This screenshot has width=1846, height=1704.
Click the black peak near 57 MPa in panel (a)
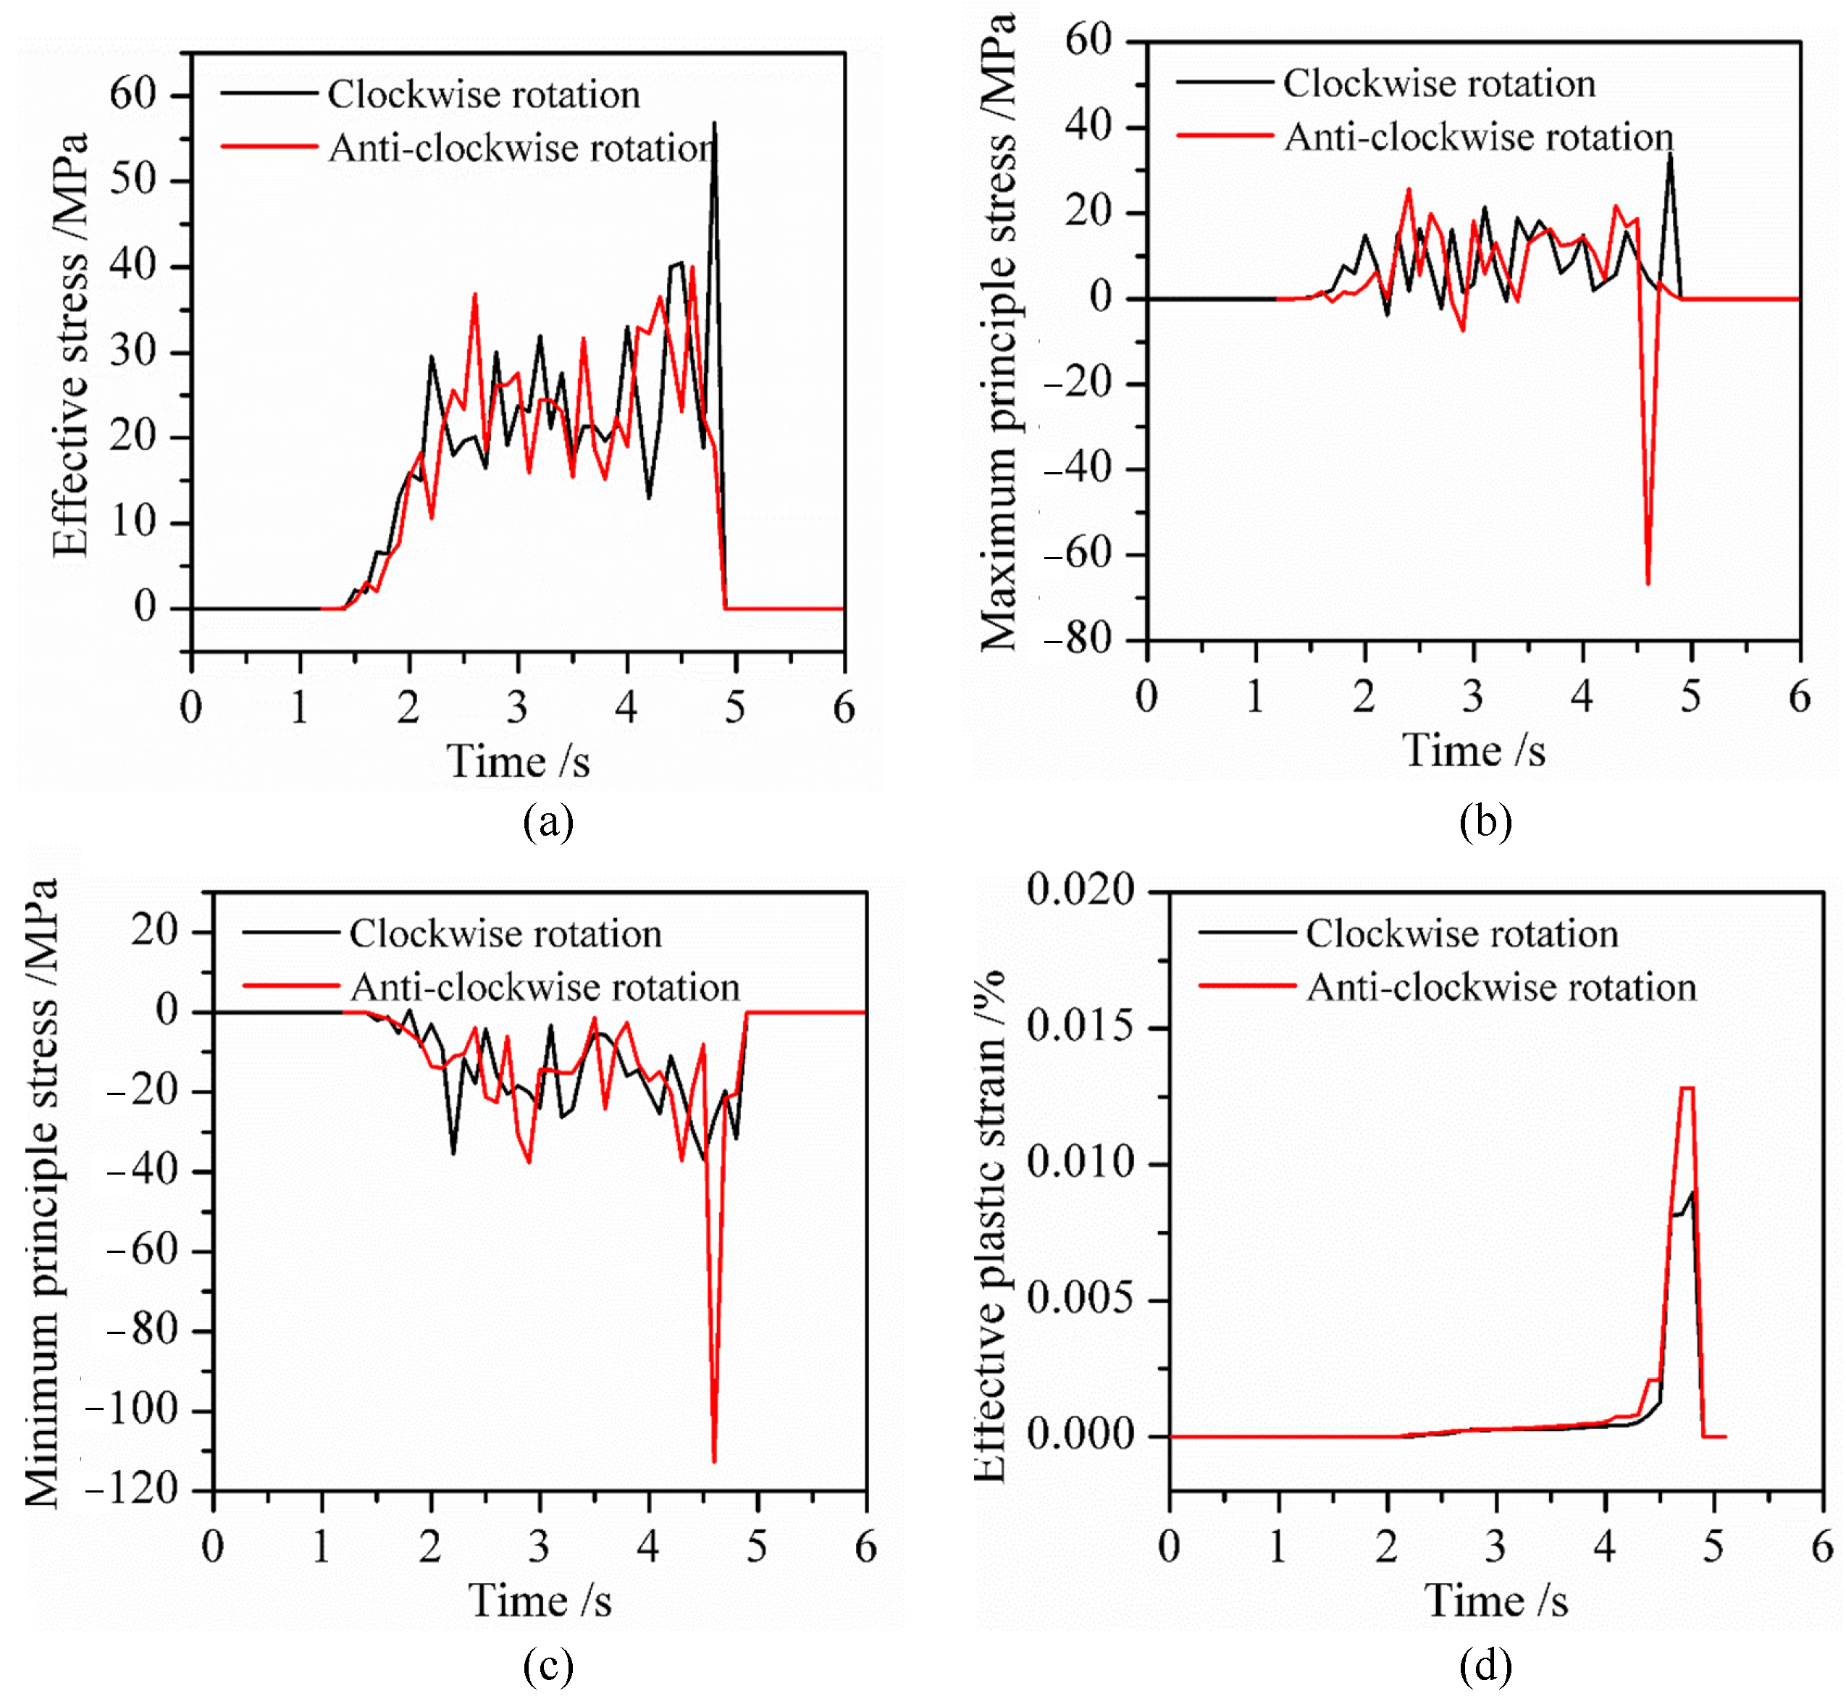(713, 124)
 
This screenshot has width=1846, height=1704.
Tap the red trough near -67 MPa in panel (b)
(1647, 582)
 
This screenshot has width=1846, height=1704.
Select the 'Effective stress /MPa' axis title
(70, 345)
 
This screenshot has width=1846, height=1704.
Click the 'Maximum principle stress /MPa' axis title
(999, 332)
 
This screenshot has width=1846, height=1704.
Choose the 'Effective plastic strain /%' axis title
(990, 1225)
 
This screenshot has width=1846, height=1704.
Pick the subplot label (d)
(1485, 1664)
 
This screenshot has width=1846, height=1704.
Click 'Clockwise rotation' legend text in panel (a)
(483, 94)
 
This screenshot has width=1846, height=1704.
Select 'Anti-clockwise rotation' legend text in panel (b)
(1478, 136)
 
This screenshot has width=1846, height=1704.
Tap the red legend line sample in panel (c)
(290, 986)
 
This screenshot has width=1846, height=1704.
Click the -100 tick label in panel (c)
(131, 1410)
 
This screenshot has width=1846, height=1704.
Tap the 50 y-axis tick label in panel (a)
(134, 180)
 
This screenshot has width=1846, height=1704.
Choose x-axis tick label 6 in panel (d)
(1821, 1546)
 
